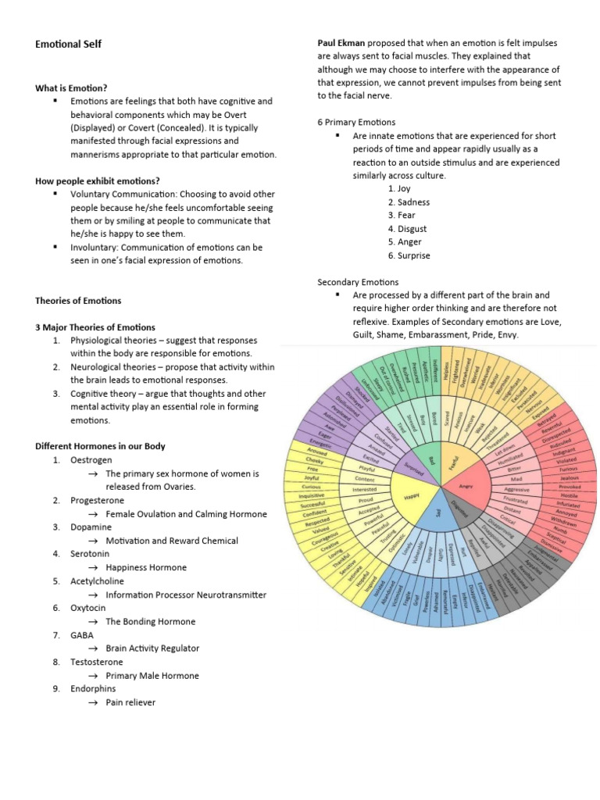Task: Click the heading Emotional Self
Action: [68, 44]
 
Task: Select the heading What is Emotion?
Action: [71, 87]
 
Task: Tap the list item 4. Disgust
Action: [407, 228]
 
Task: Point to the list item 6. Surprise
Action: [409, 255]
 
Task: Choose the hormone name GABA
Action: [82, 634]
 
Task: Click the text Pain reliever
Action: [130, 702]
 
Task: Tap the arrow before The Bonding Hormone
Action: [92, 622]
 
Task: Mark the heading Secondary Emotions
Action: [357, 281]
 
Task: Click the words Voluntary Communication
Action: [117, 194]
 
